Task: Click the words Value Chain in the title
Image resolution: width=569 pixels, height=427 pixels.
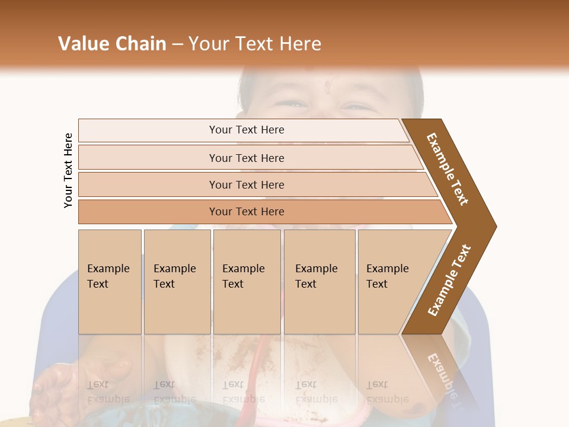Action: pos(112,44)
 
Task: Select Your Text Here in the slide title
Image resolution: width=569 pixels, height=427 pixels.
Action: pos(255,44)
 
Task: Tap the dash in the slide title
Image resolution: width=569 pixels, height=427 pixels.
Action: pos(177,44)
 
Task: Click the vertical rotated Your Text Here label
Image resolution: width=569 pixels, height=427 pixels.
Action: pos(68,170)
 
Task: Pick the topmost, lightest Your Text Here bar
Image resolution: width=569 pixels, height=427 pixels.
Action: pos(246,130)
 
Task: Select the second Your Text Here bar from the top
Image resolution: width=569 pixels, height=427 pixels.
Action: pos(246,158)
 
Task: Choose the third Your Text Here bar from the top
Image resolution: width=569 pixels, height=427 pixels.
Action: pos(246,184)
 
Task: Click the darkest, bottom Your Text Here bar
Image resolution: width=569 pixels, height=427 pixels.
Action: pos(246,212)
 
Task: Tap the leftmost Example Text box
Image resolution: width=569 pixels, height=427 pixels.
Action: pos(110,281)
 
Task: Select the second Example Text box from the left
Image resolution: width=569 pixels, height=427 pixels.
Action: pos(177,281)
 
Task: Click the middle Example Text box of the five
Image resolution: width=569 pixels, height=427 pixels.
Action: pos(247,281)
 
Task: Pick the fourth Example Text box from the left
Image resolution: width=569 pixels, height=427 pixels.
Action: pos(319,281)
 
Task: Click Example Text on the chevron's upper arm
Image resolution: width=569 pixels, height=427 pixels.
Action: pos(447,168)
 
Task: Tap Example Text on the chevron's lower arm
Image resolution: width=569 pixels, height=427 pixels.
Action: pos(449,281)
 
